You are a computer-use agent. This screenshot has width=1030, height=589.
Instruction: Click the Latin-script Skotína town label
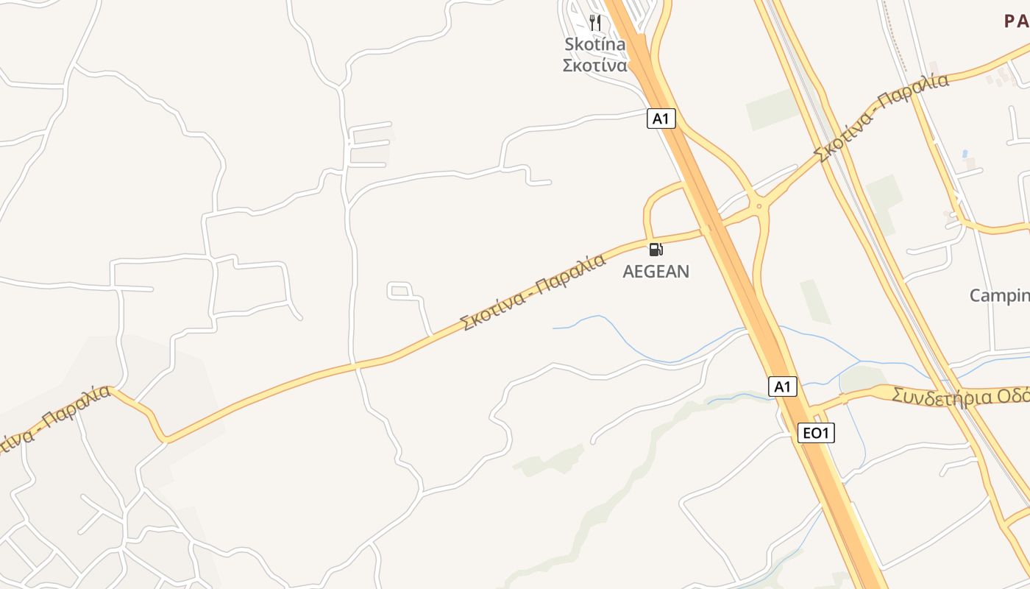(x=594, y=45)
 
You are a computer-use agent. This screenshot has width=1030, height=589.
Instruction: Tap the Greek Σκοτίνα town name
(x=594, y=66)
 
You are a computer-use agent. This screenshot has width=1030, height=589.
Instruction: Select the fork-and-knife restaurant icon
(x=594, y=23)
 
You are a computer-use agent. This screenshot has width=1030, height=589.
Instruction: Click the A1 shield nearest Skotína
(x=661, y=119)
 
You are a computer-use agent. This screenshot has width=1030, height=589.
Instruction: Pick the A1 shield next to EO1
(x=783, y=387)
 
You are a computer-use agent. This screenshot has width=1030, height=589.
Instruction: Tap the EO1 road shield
(x=816, y=434)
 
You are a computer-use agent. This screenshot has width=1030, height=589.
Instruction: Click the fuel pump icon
(x=656, y=250)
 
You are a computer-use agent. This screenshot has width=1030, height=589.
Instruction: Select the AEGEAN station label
(x=656, y=272)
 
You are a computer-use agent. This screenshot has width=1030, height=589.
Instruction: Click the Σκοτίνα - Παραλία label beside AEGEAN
(x=531, y=292)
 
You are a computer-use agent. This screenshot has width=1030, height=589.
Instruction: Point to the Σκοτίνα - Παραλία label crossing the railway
(x=881, y=118)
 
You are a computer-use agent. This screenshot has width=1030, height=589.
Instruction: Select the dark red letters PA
(x=1017, y=21)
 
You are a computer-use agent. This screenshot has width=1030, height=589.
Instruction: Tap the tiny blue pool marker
(x=965, y=155)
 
